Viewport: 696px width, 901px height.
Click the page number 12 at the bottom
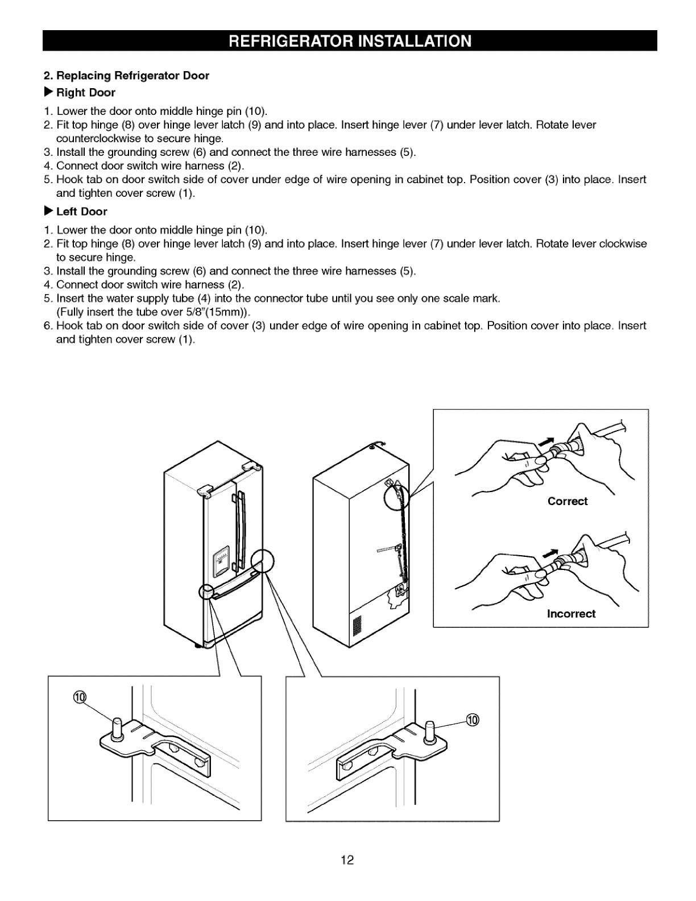(x=347, y=859)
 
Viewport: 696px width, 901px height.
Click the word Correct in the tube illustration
(x=567, y=501)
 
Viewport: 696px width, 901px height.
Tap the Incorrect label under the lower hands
(x=570, y=614)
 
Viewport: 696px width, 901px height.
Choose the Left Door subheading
(x=81, y=212)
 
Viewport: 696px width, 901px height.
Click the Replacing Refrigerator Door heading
(x=126, y=76)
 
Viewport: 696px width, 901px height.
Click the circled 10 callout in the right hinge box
(x=472, y=720)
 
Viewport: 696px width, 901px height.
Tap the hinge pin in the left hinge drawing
(x=117, y=729)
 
